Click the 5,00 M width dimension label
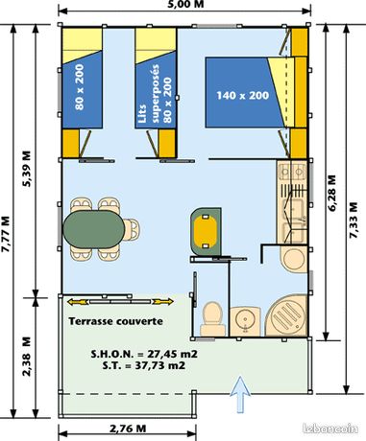click(x=185, y=4)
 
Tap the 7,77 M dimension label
click(x=7, y=235)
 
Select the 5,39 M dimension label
click(x=28, y=169)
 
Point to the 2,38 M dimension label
click(x=28, y=356)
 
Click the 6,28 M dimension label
click(x=332, y=193)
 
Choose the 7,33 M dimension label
click(x=354, y=220)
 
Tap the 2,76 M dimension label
click(x=128, y=429)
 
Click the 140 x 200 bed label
click(x=243, y=95)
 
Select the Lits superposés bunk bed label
click(x=157, y=94)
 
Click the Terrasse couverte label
click(x=116, y=321)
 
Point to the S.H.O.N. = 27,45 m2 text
click(x=144, y=354)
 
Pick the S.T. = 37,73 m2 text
click(x=144, y=365)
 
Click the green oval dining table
click(x=94, y=229)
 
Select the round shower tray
click(x=286, y=315)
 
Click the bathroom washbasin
click(x=246, y=321)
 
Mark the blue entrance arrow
click(x=240, y=395)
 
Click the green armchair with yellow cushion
click(x=206, y=231)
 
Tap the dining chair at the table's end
click(x=132, y=229)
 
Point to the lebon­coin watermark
click(x=330, y=429)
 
